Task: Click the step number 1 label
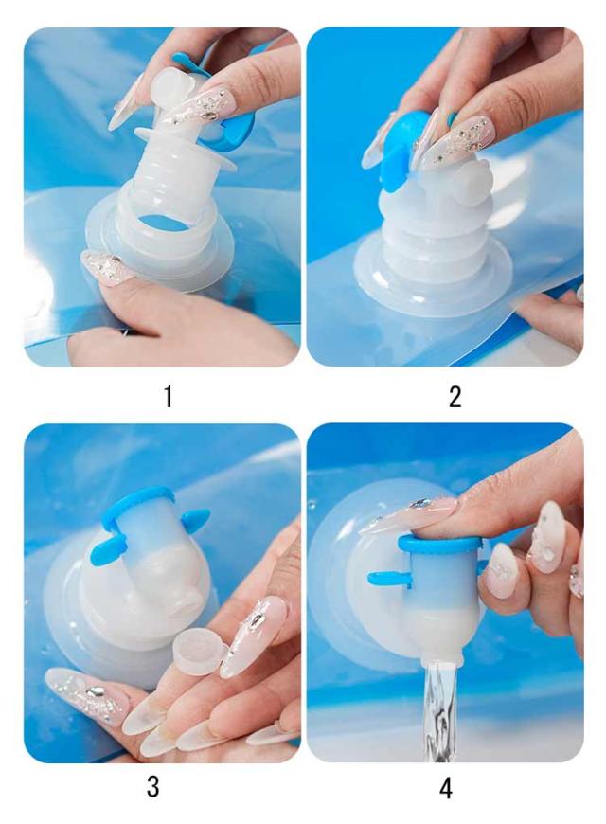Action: pyautogui.click(x=169, y=397)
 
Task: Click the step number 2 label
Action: pyautogui.click(x=455, y=397)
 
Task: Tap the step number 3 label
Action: pyautogui.click(x=153, y=787)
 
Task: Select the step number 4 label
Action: pyautogui.click(x=446, y=788)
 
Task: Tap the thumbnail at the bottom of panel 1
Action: pyautogui.click(x=103, y=267)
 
